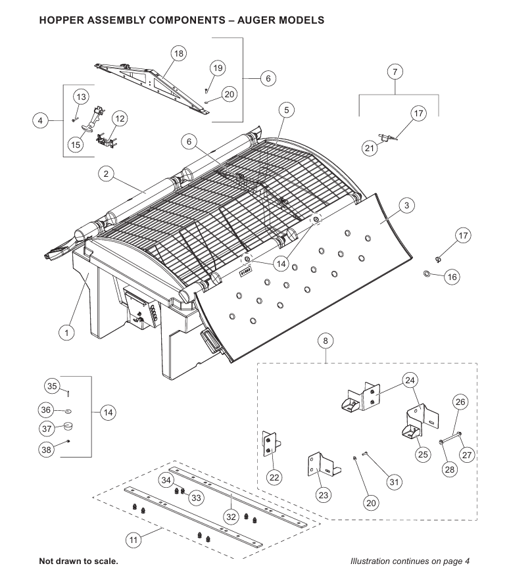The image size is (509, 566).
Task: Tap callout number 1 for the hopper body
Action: point(66,333)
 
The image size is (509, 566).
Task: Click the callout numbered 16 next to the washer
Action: point(452,277)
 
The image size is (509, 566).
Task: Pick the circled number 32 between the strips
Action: point(231,517)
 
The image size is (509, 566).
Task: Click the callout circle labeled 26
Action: point(460,402)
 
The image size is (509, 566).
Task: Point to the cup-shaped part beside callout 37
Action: point(68,428)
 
